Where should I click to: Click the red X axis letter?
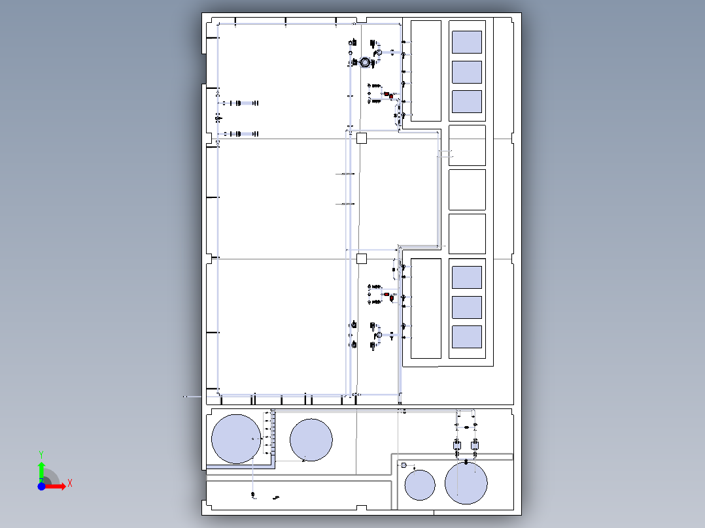coord(70,484)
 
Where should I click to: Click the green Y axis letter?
coord(41,455)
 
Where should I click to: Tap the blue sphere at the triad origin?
coord(41,486)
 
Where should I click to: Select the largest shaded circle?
coord(236,439)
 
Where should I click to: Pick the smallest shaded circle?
coord(420,486)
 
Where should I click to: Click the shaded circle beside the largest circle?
coord(311,440)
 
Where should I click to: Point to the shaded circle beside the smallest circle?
coord(466,483)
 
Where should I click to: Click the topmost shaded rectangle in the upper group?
coord(467,42)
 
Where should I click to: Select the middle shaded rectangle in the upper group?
coord(467,72)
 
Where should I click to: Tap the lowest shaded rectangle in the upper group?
coord(467,101)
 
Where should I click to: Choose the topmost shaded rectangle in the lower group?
coord(467,277)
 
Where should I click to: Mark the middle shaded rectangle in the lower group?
coord(467,307)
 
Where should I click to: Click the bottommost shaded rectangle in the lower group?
coord(467,337)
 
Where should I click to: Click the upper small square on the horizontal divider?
coord(362,138)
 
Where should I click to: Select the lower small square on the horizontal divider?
coord(362,259)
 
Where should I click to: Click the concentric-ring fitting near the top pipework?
coord(365,63)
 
